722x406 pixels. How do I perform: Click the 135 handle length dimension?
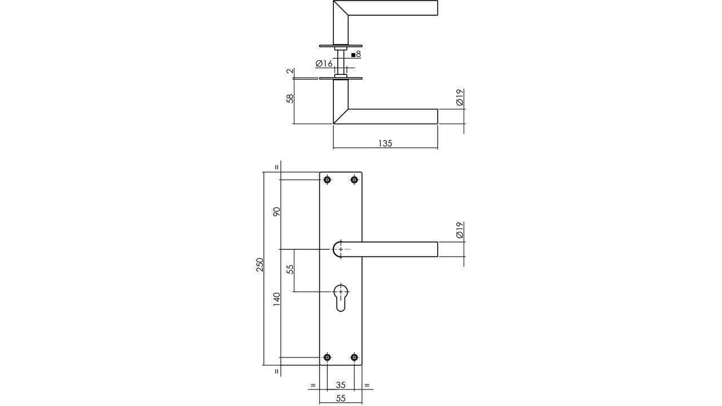385,143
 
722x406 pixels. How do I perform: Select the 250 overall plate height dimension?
260,265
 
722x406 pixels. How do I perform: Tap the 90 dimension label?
276,211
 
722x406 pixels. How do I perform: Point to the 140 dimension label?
276,299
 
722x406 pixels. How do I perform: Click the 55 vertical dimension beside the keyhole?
290,269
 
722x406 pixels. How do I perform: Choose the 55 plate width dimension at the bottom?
341,398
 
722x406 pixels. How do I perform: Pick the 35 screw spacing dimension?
341,385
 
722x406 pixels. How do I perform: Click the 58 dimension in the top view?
290,98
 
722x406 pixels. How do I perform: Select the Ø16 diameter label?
324,64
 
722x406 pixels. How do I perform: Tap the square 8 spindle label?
356,55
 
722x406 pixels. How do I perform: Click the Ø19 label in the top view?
460,98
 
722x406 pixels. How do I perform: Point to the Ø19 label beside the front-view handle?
460,230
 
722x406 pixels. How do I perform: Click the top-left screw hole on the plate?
327,180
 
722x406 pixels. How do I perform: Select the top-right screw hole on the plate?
354,180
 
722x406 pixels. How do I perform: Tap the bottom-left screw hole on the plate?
327,357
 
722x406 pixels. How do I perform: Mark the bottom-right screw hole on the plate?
354,357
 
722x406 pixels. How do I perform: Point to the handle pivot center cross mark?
341,249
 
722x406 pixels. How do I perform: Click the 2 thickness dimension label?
290,72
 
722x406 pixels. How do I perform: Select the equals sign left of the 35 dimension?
312,386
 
